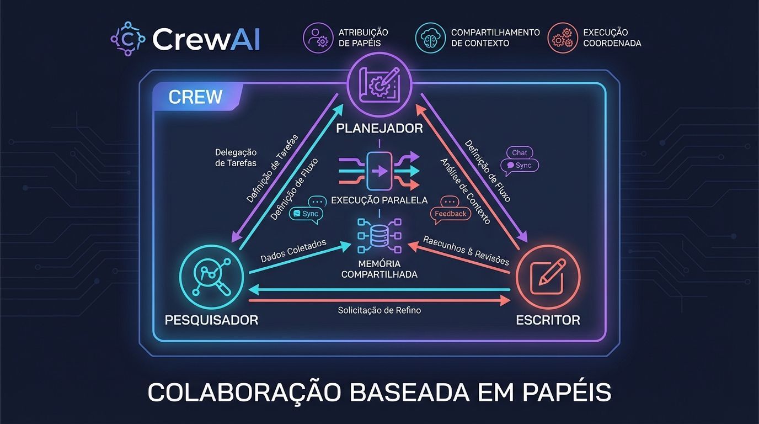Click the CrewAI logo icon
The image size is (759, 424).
pyautogui.click(x=128, y=39)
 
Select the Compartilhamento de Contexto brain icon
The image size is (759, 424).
pyautogui.click(x=430, y=38)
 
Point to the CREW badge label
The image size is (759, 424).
pyautogui.click(x=195, y=97)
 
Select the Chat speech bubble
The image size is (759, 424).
pyautogui.click(x=519, y=153)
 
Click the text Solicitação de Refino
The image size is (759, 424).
pyautogui.click(x=379, y=310)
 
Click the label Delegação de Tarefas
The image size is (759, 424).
pyautogui.click(x=235, y=157)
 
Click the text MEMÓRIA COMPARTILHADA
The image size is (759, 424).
pyautogui.click(x=379, y=269)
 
